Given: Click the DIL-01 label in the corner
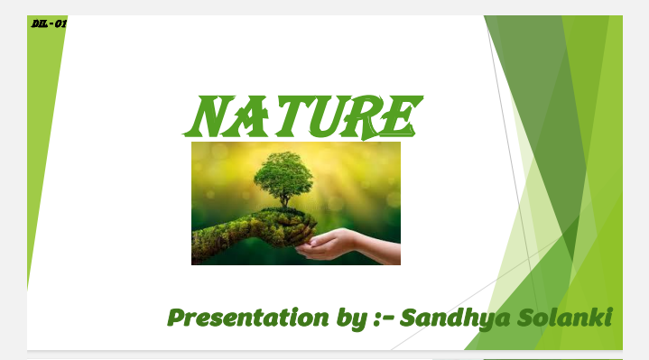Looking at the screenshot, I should point(49,23).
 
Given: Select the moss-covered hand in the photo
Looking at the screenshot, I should point(235,236).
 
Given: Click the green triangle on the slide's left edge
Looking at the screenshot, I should point(41,135).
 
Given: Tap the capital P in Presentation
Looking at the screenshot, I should point(177,318).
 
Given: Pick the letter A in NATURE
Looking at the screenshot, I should point(243,116).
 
